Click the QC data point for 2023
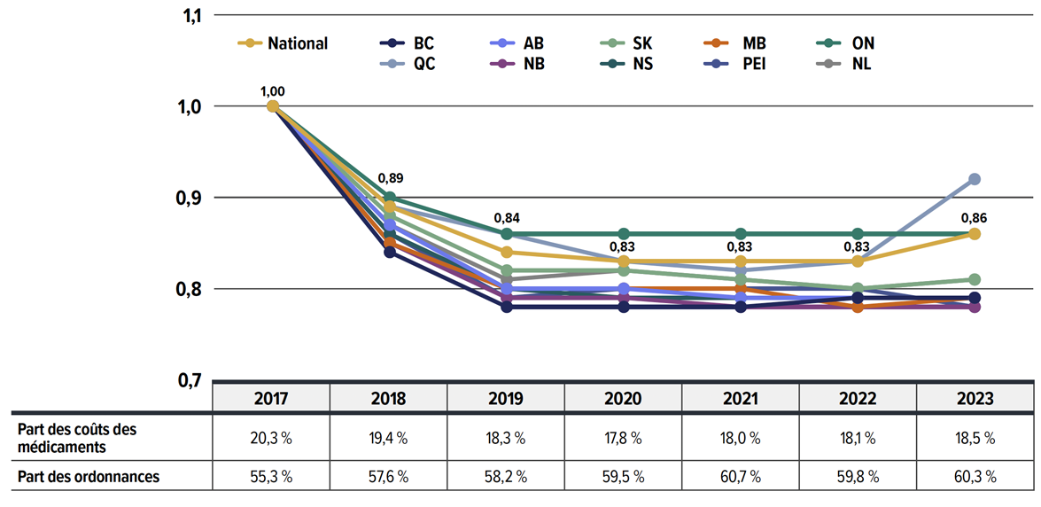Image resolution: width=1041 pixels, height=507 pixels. pos(975,179)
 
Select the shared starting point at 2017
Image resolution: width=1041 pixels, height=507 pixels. pos(273,106)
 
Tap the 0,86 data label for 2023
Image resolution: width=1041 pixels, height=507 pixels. pos(975,217)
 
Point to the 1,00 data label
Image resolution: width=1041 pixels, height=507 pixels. pos(273,90)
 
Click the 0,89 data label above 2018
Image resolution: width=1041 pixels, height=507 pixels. pos(390,180)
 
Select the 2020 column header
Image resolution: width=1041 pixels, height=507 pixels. pos(624,398)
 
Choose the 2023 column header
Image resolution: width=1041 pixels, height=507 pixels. pos(975,398)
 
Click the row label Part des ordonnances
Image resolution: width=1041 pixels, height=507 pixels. pos(89,476)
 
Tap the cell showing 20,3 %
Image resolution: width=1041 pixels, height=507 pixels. pos(272,437)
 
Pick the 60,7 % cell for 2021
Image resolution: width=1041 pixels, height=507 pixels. pos(741,476)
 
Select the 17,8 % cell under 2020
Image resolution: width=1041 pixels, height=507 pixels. pos(624,437)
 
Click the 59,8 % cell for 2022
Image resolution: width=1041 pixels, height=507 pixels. pos(858,476)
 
